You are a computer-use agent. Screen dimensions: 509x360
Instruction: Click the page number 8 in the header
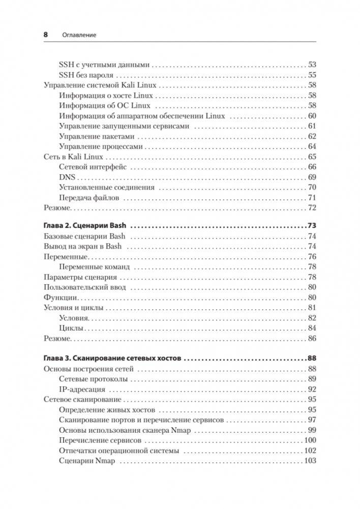point(45,35)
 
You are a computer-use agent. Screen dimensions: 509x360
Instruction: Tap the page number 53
point(312,65)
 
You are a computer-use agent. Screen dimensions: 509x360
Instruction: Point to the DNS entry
point(67,177)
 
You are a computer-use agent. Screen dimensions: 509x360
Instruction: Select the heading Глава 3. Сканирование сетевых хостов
point(112,358)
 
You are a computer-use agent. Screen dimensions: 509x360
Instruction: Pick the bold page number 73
point(312,226)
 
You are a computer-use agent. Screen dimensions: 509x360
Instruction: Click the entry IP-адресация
point(82,390)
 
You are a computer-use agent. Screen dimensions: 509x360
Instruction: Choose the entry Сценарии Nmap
point(87,461)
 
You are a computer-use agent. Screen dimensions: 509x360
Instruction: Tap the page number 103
point(310,461)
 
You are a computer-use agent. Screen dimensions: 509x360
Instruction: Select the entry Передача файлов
point(88,198)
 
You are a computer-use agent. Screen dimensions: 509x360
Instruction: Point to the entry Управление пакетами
point(97,136)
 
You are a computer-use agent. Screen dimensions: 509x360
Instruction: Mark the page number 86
point(312,338)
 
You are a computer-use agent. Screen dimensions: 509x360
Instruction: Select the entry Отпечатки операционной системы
point(119,451)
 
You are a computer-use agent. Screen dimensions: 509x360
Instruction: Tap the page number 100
point(310,440)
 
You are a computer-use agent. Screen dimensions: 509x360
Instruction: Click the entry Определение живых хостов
point(107,410)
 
